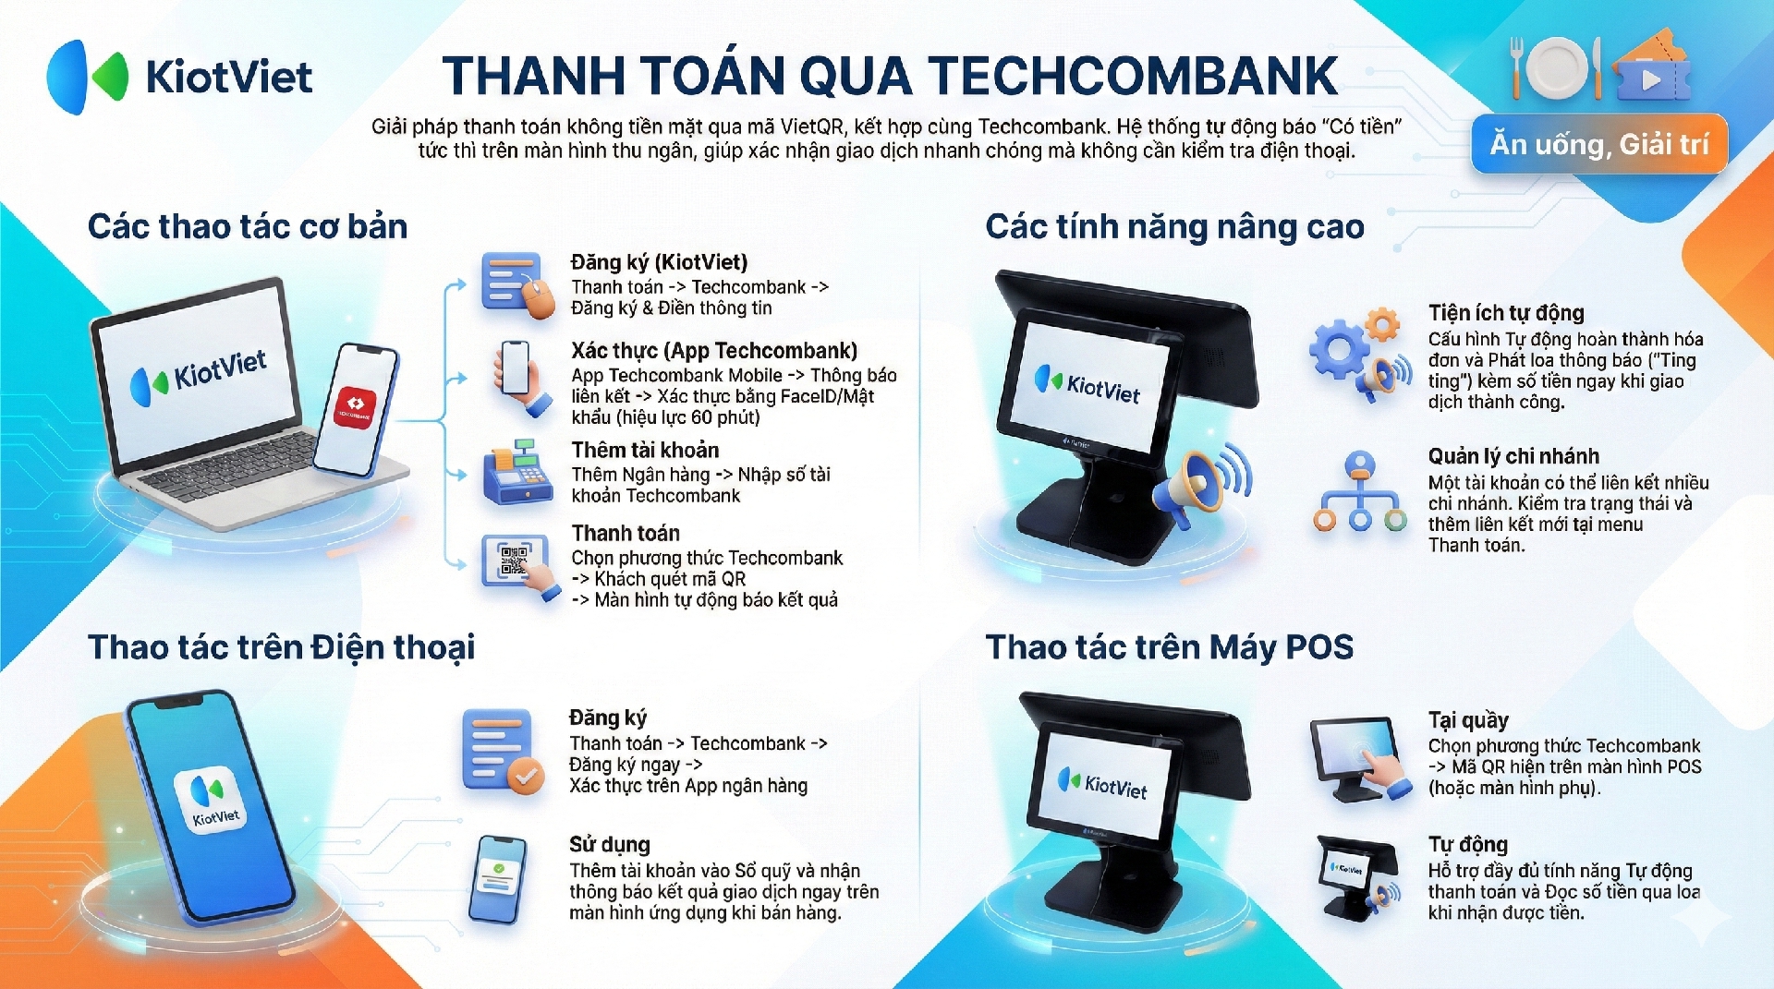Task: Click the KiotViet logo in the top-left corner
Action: [180, 77]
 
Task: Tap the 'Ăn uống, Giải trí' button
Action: [1599, 144]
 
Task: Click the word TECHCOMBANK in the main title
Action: [1133, 76]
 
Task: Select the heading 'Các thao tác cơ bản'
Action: [248, 226]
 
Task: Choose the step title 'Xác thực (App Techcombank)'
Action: [714, 351]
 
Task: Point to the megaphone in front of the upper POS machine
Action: [1202, 483]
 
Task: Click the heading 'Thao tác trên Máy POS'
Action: [1170, 647]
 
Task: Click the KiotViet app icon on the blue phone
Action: [211, 799]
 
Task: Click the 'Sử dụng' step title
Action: [610, 844]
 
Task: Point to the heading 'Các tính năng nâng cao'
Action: [1175, 226]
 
